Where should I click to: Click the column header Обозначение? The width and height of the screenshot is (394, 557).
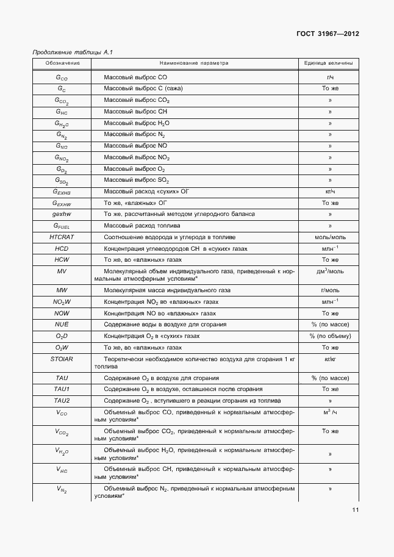click(x=62, y=63)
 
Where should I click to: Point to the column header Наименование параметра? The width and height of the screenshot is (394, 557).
click(x=193, y=63)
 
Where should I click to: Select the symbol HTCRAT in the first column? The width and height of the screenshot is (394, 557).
click(x=62, y=237)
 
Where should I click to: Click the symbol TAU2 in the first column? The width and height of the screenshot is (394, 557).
click(x=62, y=401)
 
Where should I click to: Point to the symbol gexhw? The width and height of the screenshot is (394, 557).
click(x=62, y=214)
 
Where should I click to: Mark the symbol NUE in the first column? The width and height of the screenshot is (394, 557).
click(x=62, y=325)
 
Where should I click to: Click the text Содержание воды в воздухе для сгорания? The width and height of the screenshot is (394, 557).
click(x=165, y=325)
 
